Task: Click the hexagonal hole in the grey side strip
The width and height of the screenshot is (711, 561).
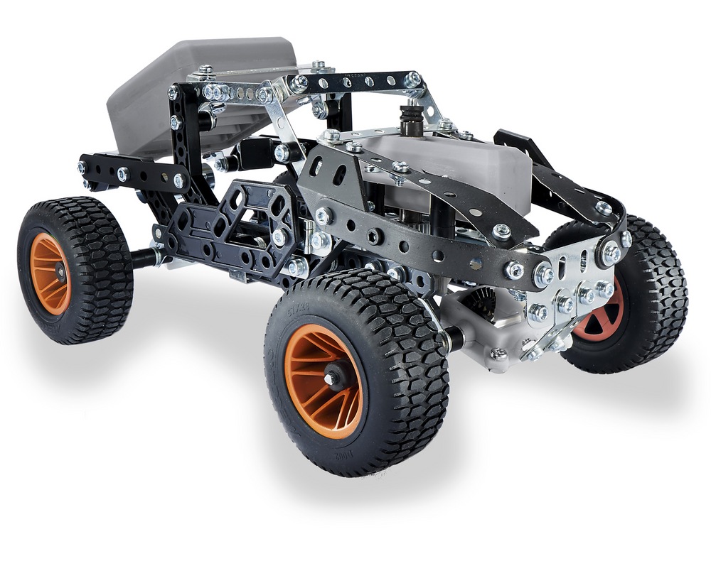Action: [x=372, y=234]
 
